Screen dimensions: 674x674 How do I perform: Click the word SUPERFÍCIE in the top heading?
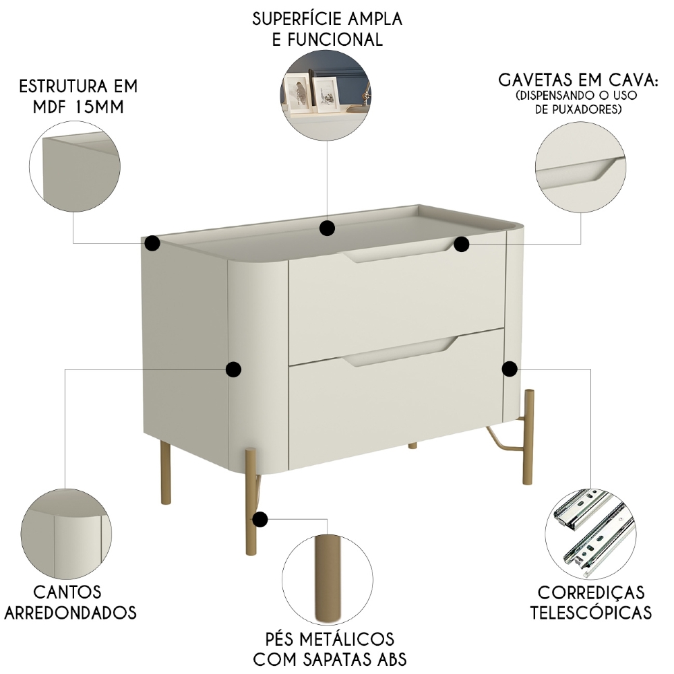289,18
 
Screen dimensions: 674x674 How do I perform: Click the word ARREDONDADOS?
77,613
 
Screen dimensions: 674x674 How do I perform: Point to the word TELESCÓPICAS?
590,613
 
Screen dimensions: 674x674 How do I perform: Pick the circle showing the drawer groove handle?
581,168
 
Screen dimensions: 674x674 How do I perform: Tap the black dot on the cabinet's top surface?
328,228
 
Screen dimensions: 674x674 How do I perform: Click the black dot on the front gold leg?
259,519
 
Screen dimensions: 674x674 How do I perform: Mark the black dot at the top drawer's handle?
461,244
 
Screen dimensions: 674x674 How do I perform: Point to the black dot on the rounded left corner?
233,369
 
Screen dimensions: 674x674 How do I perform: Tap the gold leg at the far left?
164,471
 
